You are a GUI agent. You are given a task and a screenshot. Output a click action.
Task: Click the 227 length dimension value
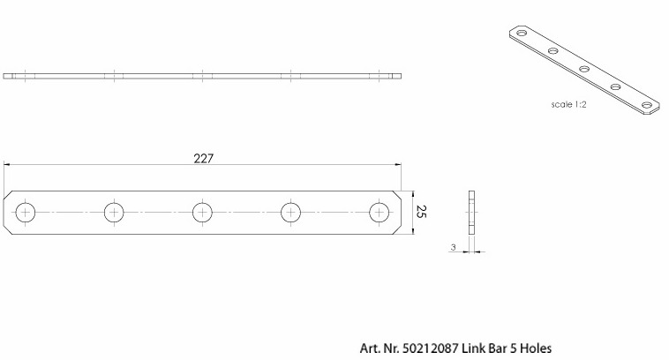[x=202, y=159]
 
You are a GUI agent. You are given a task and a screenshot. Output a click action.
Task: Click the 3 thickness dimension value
[x=453, y=249]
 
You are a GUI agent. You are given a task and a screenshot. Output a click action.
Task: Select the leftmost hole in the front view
[x=26, y=213]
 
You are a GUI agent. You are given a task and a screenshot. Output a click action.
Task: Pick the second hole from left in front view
[x=115, y=213]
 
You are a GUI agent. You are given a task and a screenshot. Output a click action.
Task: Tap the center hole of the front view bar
[x=203, y=213]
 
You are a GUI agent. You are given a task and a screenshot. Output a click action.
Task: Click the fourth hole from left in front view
[x=291, y=213]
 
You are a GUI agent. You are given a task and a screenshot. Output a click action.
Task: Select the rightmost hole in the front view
[x=380, y=213]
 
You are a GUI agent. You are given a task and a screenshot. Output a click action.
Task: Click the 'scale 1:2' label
[x=569, y=103]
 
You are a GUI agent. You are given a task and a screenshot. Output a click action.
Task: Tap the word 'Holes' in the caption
[x=535, y=349]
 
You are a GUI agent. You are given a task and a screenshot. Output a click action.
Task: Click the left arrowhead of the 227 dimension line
[x=8, y=164]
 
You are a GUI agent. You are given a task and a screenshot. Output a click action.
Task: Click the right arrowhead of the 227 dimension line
[x=398, y=164]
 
